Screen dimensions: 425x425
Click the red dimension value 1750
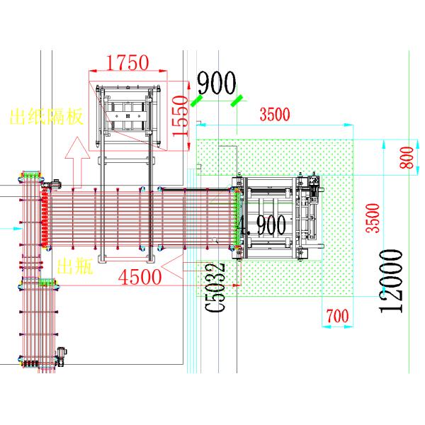[127, 62]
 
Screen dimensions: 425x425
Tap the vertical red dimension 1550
[180, 116]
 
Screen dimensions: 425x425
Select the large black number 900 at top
[217, 83]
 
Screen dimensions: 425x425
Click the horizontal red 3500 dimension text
[275, 114]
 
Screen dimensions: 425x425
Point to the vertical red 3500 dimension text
[373, 218]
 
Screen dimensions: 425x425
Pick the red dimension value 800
[407, 157]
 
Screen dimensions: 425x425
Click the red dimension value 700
[337, 316]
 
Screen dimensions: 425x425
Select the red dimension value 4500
[140, 277]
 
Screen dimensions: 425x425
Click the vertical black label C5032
[215, 288]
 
